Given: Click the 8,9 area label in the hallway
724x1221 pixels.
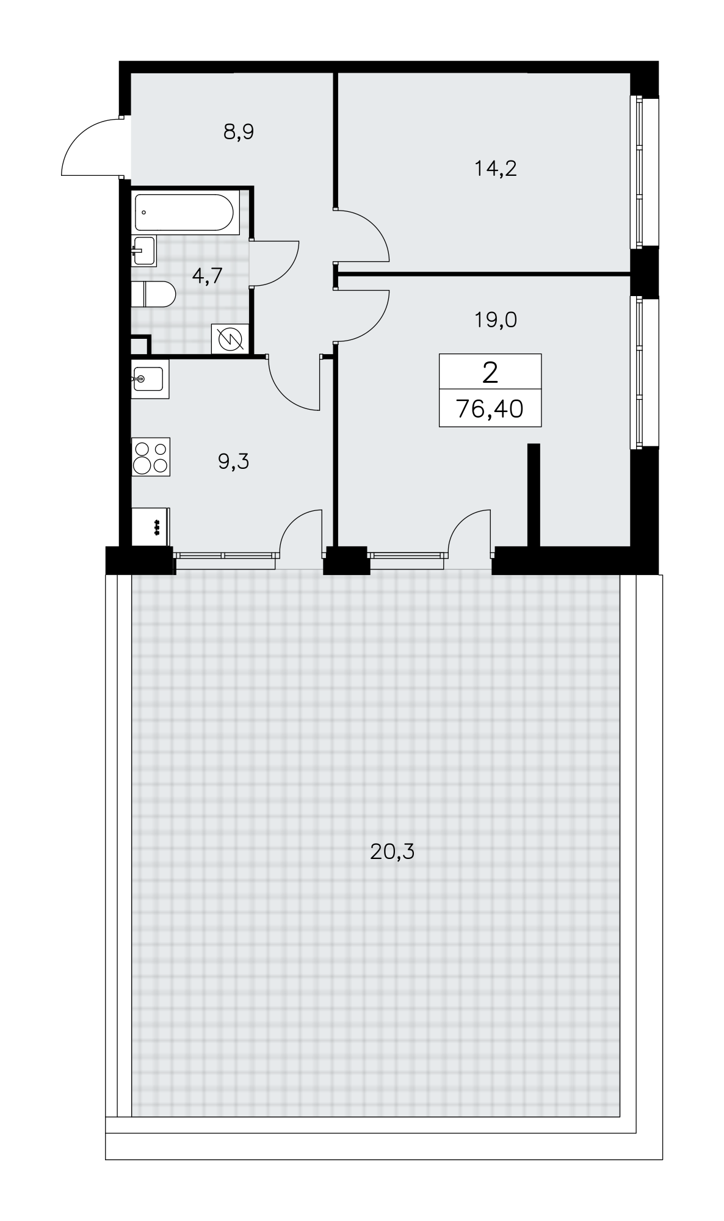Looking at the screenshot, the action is click(x=238, y=132).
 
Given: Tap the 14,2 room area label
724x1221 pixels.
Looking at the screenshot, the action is click(x=496, y=168).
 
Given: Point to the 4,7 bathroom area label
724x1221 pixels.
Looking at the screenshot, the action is click(x=207, y=276).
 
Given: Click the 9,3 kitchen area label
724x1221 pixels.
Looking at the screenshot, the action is click(x=234, y=462).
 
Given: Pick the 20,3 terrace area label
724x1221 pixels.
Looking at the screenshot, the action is click(x=392, y=850).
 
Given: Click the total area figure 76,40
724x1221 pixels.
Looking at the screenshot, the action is click(x=490, y=408).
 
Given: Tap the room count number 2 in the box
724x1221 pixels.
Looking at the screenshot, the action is click(x=490, y=372).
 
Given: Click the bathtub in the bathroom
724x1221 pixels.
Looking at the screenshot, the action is click(x=184, y=212).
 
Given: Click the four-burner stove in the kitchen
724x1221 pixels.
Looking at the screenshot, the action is click(x=151, y=457).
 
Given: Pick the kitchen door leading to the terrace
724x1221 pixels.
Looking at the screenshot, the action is click(x=300, y=531).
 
